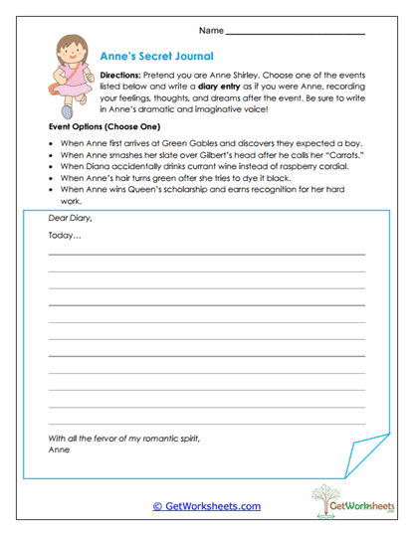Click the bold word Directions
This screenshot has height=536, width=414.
pos(123,75)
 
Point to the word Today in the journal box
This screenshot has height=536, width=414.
pos(64,236)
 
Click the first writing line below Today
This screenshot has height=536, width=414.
pos(206,254)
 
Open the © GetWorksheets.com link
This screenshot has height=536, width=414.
pos(206,506)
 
